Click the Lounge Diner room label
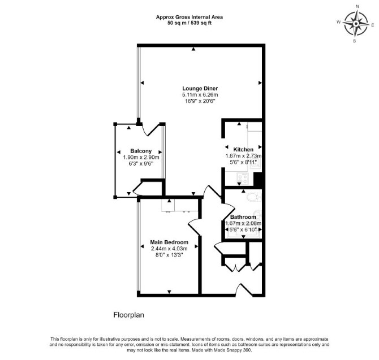[200, 89]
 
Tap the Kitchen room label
[243, 149]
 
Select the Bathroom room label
[243, 217]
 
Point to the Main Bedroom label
[169, 242]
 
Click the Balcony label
[141, 151]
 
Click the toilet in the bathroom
[253, 197]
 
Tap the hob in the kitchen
[243, 179]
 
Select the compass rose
[356, 24]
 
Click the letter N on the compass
[358, 13]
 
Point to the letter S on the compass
[354, 41]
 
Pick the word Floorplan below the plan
[129, 315]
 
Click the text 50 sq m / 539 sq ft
[189, 23]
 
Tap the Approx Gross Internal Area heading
[189, 17]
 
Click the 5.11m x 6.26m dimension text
[200, 94]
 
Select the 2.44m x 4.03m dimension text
[169, 249]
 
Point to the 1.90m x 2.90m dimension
[141, 158]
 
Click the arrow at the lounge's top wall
[193, 49]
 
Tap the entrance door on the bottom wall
[244, 290]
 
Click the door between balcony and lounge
[151, 129]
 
